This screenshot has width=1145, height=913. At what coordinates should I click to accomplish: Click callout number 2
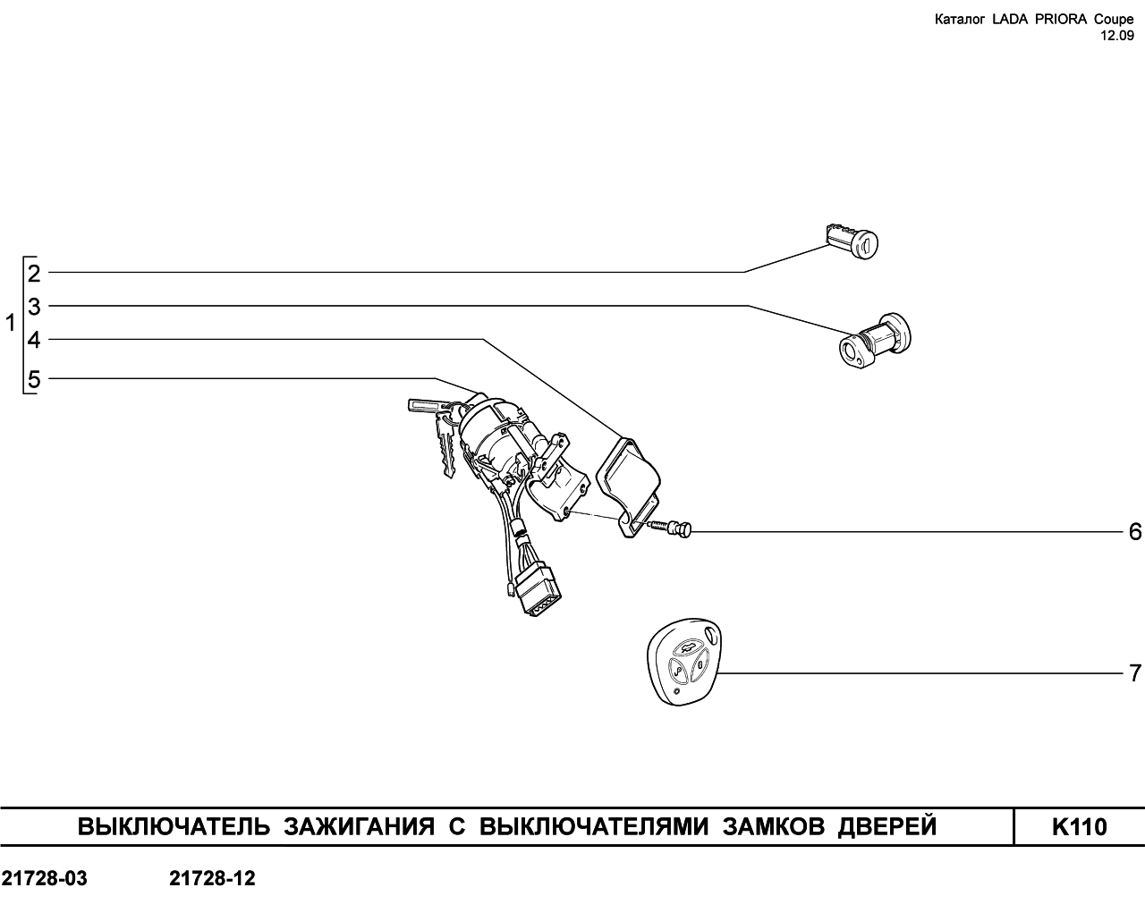pos(34,274)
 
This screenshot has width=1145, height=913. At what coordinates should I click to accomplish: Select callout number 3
pos(34,307)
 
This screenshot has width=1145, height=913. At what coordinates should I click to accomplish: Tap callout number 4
pos(34,340)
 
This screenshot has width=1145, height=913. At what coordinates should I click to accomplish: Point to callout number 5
pos(34,379)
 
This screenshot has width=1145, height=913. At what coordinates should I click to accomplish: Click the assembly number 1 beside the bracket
pos(11,323)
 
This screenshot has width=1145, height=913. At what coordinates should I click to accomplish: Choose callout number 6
pos(1135,531)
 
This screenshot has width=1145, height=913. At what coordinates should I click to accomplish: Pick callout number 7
pos(1135,673)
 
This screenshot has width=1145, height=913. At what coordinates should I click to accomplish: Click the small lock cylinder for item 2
pos(852,241)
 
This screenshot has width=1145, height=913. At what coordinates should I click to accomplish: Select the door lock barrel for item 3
pos(875,341)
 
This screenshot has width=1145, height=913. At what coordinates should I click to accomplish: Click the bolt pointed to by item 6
pos(670,528)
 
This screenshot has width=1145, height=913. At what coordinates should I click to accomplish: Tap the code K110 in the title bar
pos(1080,827)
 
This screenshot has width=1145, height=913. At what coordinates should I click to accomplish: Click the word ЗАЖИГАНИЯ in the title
pos(359,827)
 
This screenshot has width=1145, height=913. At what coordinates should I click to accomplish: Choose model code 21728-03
pos(44,878)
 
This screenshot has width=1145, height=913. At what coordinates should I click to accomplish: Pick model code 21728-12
pos(212,878)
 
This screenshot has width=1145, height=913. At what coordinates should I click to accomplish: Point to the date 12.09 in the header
pos(1116,36)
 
